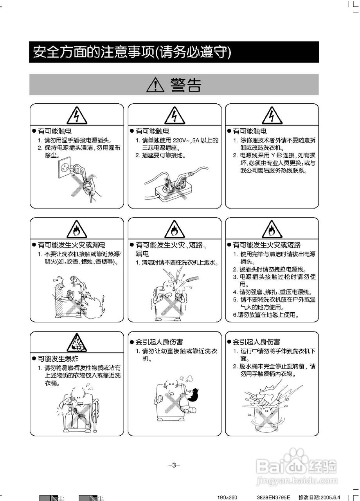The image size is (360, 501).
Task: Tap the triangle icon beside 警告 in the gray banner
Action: tap(155, 85)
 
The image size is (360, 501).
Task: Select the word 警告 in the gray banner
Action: tap(185, 85)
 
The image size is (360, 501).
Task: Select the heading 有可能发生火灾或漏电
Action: tap(71, 245)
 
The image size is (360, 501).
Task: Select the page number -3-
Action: tap(174, 465)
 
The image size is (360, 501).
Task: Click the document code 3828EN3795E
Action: tap(274, 497)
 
